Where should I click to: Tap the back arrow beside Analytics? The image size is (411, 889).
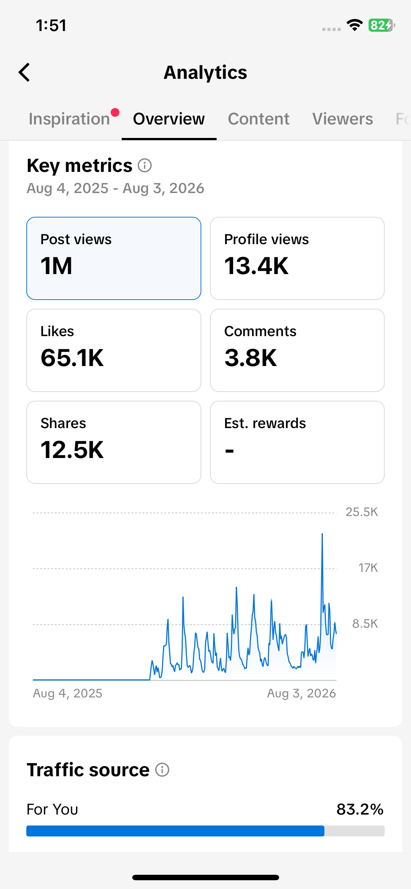pyautogui.click(x=24, y=72)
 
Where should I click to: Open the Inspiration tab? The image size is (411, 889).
pyautogui.click(x=69, y=119)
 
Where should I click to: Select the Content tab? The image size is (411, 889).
pyautogui.click(x=259, y=119)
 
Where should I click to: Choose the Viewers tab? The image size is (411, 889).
pyautogui.click(x=343, y=119)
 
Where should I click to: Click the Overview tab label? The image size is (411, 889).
pyautogui.click(x=169, y=119)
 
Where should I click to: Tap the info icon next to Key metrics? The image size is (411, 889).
pyautogui.click(x=145, y=165)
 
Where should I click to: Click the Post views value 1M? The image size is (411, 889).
pyautogui.click(x=57, y=266)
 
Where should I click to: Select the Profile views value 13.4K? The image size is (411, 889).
pyautogui.click(x=256, y=266)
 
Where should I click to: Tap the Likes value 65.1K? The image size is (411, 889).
pyautogui.click(x=72, y=358)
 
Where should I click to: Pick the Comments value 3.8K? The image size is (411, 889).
pyautogui.click(x=251, y=358)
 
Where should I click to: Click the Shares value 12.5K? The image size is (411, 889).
pyautogui.click(x=72, y=450)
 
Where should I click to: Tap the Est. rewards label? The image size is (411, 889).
pyautogui.click(x=265, y=423)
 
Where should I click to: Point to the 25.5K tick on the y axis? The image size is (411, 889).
pyautogui.click(x=362, y=512)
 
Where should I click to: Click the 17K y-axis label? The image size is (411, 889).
pyautogui.click(x=368, y=568)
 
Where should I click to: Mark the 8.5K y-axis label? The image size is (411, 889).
pyautogui.click(x=365, y=624)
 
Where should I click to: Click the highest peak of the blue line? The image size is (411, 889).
pyautogui.click(x=322, y=534)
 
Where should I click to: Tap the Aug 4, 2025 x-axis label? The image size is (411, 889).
pyautogui.click(x=68, y=693)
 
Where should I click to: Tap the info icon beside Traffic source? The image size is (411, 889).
pyautogui.click(x=162, y=770)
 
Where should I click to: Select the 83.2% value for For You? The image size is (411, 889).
pyautogui.click(x=360, y=809)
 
